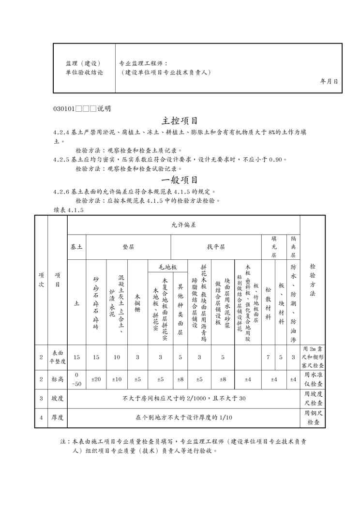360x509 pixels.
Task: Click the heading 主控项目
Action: pos(180,120)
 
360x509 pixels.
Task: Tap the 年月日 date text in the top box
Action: pos(329,82)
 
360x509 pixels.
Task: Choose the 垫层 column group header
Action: pos(128,247)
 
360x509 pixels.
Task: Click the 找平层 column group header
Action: pos(216,247)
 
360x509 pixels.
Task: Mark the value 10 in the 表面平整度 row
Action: pos(117,357)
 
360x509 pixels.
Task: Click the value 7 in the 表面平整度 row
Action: pos(268,357)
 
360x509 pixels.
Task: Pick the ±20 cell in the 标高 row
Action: pos(96,379)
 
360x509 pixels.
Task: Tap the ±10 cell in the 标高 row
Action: pos(117,379)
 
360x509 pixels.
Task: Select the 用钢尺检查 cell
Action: pos(313,418)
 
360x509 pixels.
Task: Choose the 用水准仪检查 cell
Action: pos(313,379)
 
